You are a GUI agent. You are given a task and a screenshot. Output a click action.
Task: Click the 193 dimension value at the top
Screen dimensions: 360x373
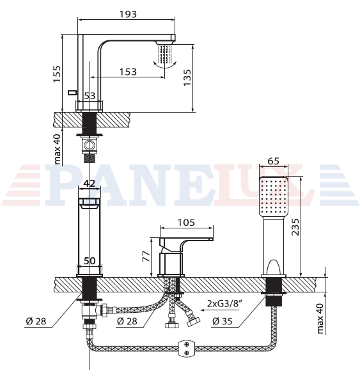[x=128, y=14]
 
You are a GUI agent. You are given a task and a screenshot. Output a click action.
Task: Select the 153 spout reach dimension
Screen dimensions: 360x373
[x=128, y=72]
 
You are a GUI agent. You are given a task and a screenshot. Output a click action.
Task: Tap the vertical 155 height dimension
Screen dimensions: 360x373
[x=57, y=74]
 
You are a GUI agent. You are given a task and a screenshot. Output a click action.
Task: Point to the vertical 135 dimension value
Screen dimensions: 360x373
[x=187, y=77]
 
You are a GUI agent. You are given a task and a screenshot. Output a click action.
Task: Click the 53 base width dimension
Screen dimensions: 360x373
[x=90, y=96]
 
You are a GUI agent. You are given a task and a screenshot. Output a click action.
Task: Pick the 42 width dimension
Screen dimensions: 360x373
[x=90, y=183]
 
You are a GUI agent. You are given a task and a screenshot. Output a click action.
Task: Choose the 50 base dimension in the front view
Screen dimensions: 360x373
[x=90, y=261]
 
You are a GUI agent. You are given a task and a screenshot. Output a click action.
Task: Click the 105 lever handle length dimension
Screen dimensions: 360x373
[x=187, y=223]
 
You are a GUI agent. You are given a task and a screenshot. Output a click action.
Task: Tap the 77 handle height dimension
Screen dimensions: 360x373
[x=146, y=256]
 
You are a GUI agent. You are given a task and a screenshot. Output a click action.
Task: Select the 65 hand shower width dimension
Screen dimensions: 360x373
[x=273, y=161]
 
